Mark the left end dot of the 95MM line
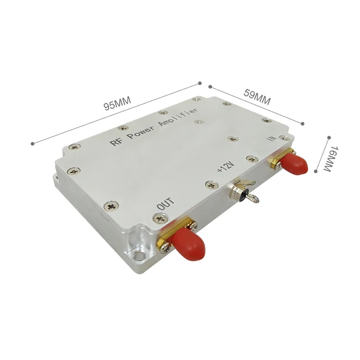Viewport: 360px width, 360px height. (x=33, y=143)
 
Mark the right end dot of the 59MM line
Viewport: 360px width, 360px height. (x=303, y=124)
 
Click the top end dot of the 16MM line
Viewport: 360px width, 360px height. (x=329, y=136)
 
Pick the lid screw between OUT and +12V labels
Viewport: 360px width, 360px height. (x=209, y=184)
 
